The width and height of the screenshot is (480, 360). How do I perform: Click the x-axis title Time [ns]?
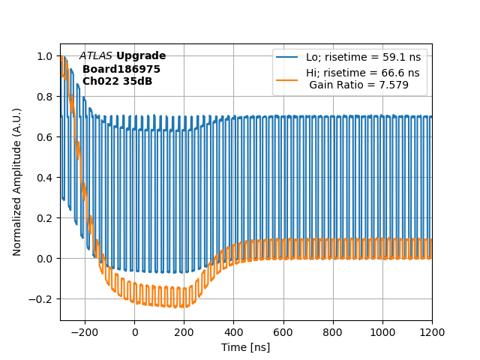[x=245, y=347]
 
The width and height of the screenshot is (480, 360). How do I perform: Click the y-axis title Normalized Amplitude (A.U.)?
[x=17, y=181]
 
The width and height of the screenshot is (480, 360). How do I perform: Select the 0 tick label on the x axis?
[x=135, y=332]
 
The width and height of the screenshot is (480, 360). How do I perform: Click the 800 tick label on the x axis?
[x=333, y=332]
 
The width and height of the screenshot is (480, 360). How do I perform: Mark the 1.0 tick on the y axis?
[x=60, y=56]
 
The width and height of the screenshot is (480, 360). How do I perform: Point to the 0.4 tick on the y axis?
[x=60, y=178]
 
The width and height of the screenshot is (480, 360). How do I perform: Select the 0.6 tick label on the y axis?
[x=46, y=137]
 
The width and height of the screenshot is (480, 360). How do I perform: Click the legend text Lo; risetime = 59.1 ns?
[x=363, y=57]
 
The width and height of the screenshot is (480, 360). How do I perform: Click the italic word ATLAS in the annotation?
[x=96, y=56]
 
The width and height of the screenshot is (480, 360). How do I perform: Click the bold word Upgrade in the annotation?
[x=141, y=56]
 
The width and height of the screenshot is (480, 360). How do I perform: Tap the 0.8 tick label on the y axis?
[x=46, y=97]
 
